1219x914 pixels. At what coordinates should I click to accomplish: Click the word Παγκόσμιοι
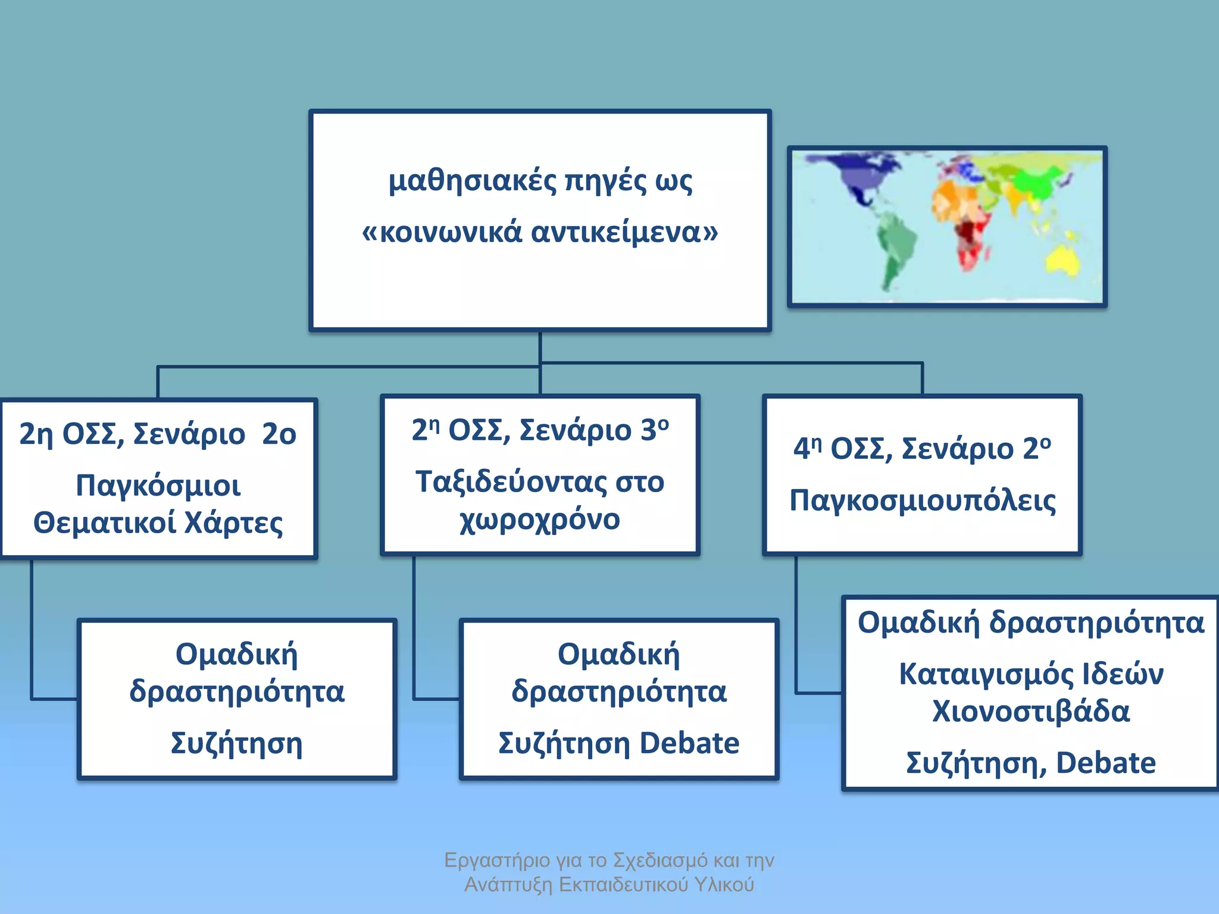(158, 486)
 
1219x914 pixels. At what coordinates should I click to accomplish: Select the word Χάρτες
(233, 523)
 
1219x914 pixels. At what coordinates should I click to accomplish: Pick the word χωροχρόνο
(540, 519)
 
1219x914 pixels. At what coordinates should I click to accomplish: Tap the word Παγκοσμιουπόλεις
(923, 500)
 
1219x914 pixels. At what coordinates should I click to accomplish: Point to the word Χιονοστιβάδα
(1031, 712)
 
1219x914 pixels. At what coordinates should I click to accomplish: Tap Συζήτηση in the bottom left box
(236, 743)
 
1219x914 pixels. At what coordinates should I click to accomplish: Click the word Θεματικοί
(105, 523)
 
